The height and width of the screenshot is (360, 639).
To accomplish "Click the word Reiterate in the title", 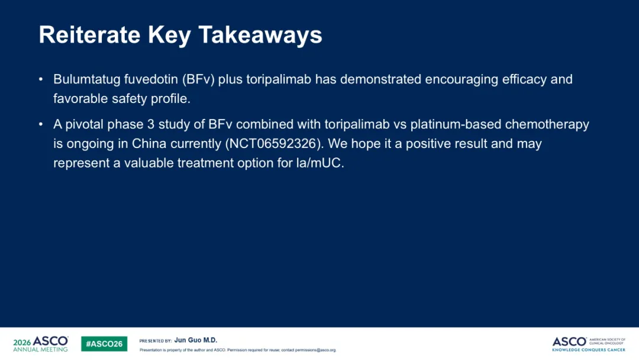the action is (x=90, y=34).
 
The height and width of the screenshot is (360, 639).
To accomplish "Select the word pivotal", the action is (x=85, y=124).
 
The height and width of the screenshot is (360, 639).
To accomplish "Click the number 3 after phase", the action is (x=151, y=124).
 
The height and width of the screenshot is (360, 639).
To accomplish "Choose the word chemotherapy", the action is (x=547, y=124).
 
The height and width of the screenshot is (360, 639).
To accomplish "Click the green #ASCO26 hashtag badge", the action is (x=104, y=344).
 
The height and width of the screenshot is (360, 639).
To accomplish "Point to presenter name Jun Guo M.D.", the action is (x=196, y=340).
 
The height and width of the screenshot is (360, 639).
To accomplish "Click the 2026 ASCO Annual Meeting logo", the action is (x=41, y=344).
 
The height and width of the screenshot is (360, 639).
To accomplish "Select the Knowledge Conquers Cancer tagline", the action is (x=589, y=350).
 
